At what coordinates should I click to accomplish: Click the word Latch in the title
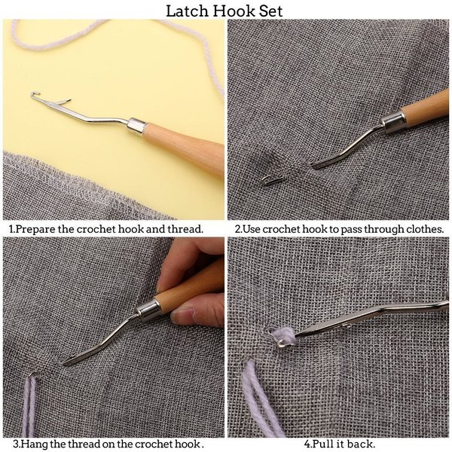(x=187, y=11)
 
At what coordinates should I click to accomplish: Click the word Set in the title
(x=270, y=11)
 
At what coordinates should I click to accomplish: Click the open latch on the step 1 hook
(x=64, y=102)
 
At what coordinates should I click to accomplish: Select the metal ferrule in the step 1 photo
(x=138, y=127)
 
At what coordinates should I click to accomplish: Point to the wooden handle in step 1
(x=185, y=147)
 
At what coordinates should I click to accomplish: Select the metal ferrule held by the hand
(x=148, y=308)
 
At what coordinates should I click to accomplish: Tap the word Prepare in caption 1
(x=35, y=229)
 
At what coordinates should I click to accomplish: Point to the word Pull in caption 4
(x=323, y=444)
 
